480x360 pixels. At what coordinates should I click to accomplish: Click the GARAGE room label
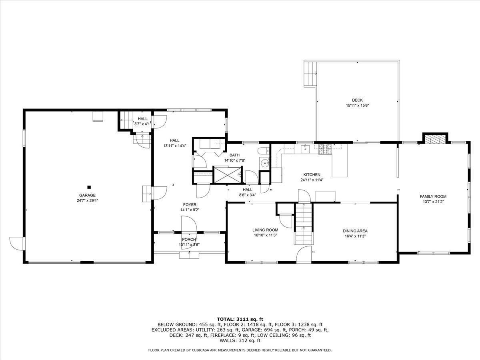coord(87,195)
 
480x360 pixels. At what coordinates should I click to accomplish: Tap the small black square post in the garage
coord(89,187)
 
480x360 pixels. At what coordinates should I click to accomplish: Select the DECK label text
coord(357,100)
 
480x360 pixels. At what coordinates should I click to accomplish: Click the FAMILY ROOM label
coord(433,196)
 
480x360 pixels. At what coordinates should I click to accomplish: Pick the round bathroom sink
coord(264,163)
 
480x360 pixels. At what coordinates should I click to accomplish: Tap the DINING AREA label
coord(355,231)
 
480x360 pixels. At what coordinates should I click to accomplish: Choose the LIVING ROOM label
coord(265,230)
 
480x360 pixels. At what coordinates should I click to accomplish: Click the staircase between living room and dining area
coord(303,224)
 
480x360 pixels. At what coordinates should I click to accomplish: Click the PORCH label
coord(189,239)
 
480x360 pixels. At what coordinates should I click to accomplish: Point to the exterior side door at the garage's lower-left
coord(17,242)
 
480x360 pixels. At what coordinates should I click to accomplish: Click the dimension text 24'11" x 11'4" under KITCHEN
coord(312,180)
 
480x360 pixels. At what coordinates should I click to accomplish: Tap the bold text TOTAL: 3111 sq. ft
coord(240,319)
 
